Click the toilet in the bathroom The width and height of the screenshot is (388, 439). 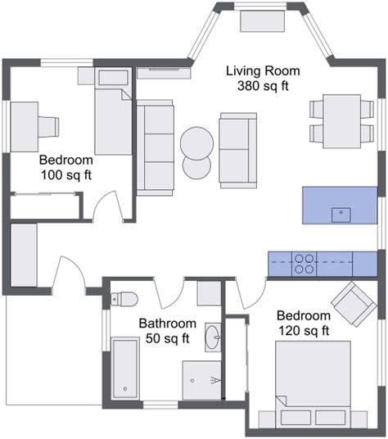[x=124, y=299]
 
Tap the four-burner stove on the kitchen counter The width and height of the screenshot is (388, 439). [x=304, y=264]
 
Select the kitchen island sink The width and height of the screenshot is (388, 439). [x=341, y=215]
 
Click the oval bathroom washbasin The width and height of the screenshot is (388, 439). [x=213, y=337]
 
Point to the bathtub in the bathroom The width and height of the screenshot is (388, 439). [x=125, y=369]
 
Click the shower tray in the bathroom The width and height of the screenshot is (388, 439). [x=202, y=381]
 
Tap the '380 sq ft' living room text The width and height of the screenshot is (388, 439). [x=263, y=86]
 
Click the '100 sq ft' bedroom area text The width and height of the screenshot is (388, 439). [x=66, y=175]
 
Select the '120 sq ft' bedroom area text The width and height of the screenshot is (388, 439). [x=304, y=331]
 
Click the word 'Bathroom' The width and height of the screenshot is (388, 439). [x=168, y=324]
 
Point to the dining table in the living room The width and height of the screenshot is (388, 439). [x=342, y=121]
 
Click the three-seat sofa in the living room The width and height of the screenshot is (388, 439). [x=155, y=147]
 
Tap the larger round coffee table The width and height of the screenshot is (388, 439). [x=197, y=143]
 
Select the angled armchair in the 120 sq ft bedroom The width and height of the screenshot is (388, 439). [x=354, y=304]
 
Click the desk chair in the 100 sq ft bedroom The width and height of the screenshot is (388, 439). [x=48, y=127]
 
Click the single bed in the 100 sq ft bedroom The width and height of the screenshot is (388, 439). [x=113, y=111]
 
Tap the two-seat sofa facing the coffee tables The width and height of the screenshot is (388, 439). [x=238, y=151]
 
